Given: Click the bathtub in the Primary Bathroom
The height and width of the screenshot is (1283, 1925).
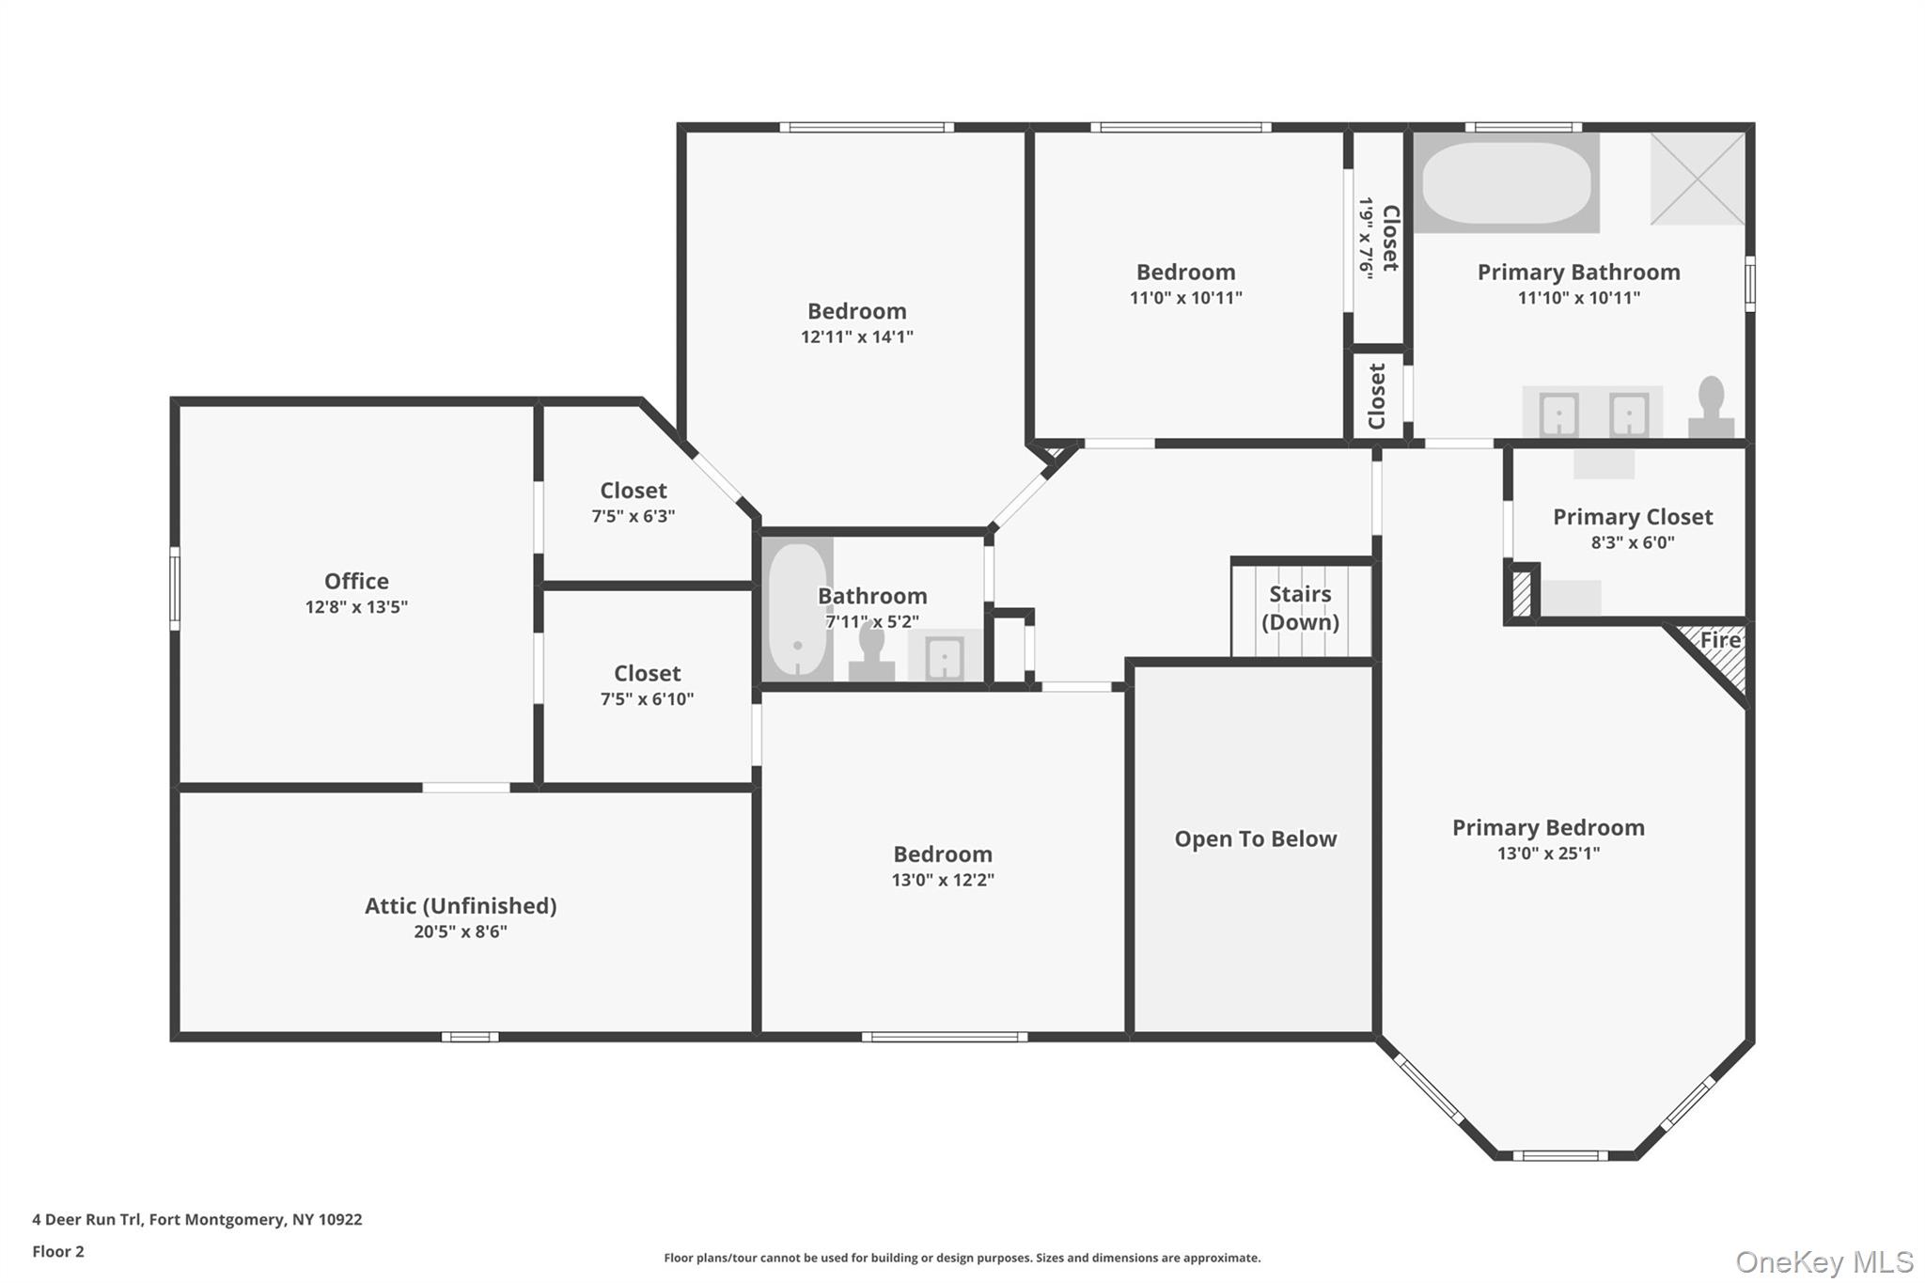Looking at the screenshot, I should click(x=1506, y=182).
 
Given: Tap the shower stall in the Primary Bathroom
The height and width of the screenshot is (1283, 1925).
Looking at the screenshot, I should click(x=1698, y=179).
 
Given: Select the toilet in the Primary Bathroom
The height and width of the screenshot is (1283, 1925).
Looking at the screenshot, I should click(x=1711, y=408).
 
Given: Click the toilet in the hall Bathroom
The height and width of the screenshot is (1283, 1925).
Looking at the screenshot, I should click(x=871, y=651).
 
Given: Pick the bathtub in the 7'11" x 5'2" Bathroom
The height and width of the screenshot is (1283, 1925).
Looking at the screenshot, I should click(x=797, y=609).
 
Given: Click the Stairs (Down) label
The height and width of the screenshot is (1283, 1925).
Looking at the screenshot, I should click(x=1300, y=607).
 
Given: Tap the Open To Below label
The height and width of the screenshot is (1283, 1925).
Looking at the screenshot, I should click(x=1255, y=838).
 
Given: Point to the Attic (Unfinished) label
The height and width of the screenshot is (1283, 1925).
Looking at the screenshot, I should click(x=461, y=905).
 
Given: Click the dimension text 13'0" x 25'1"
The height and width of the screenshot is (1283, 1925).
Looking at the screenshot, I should click(x=1548, y=853).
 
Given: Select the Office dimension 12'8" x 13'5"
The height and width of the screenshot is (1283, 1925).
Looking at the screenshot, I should click(x=356, y=607).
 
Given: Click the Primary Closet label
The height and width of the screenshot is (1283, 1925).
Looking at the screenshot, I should click(x=1632, y=517).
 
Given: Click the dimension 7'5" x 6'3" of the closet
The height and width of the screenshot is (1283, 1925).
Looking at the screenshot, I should click(x=633, y=516).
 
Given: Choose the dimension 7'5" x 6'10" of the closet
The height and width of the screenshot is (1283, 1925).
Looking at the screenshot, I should click(x=647, y=699).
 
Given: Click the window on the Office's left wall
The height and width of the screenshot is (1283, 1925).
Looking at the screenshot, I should click(x=175, y=588).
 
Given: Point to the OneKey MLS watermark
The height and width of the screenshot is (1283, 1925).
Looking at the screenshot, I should click(x=1823, y=1261).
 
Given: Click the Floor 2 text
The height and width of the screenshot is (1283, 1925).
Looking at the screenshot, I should click(x=58, y=1251).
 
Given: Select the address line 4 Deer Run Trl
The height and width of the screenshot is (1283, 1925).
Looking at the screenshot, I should click(x=196, y=1219).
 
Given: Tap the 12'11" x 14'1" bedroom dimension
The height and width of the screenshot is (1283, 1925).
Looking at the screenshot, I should click(x=856, y=336).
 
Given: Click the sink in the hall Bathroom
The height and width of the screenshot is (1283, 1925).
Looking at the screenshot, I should click(x=944, y=656).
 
